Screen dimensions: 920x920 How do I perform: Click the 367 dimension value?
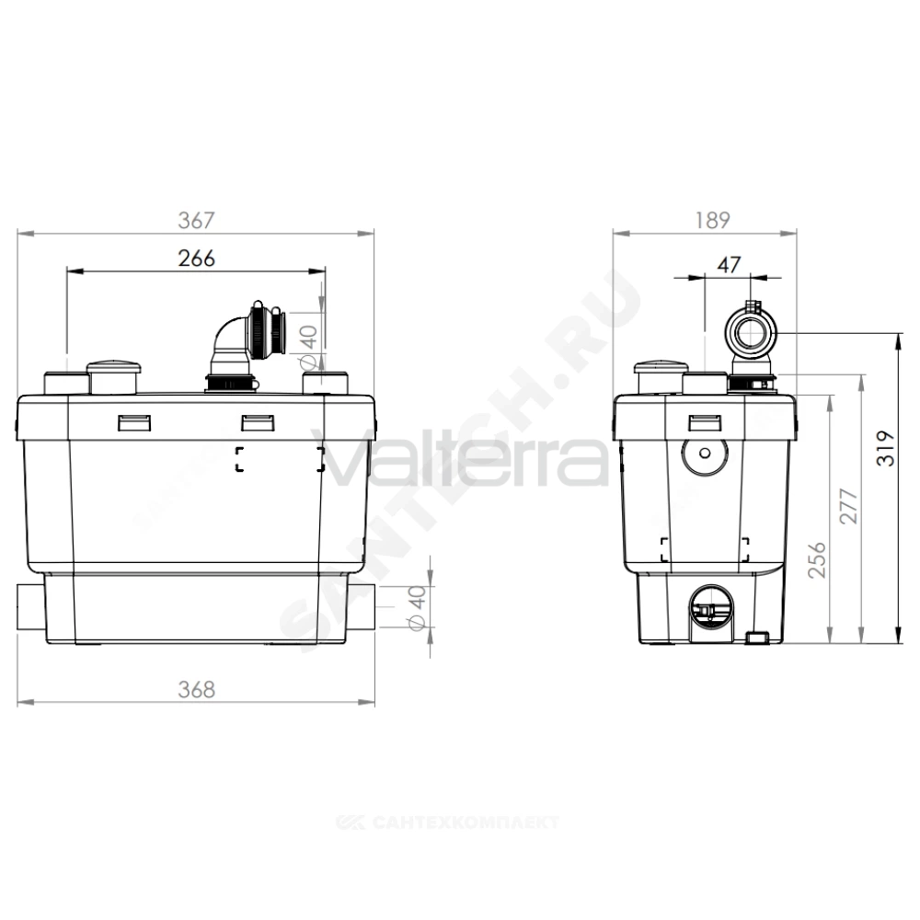[197, 221]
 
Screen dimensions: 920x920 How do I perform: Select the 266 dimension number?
[197, 259]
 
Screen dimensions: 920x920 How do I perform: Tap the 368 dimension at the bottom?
[197, 689]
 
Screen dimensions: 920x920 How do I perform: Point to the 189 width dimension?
[713, 221]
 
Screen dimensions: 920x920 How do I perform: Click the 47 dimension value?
[730, 265]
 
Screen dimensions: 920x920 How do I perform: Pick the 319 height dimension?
[886, 448]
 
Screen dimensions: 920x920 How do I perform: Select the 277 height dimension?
[848, 506]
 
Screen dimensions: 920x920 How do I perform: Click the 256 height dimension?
[817, 560]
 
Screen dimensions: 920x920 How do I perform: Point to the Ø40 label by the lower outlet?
[417, 608]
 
